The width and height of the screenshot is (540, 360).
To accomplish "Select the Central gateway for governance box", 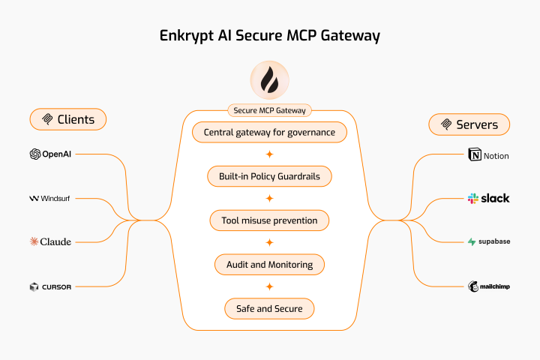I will (269, 133).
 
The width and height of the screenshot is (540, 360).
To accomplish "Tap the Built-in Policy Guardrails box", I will (269, 176).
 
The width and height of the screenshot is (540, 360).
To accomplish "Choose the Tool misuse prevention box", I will (269, 220).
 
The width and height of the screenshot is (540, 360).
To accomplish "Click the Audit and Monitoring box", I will (269, 264).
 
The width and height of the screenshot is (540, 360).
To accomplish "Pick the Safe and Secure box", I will (269, 307).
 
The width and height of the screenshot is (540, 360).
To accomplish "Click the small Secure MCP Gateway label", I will (270, 110).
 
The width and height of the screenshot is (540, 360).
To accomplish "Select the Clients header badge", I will (68, 119).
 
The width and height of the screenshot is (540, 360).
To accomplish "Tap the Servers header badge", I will (469, 124).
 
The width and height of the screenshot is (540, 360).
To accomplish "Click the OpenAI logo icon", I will (34, 154).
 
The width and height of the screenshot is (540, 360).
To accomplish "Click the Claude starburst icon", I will (34, 241).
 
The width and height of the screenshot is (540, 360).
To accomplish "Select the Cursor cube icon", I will (34, 286).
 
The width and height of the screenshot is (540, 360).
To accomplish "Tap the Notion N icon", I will (474, 156).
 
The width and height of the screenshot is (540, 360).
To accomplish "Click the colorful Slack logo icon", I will (473, 199).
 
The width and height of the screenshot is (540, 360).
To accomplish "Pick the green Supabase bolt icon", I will (472, 242).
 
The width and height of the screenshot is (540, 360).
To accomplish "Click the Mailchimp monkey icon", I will (474, 286).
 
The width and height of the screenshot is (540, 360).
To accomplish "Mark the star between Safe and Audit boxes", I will (269, 286).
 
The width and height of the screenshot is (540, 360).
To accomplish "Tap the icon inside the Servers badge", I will (447, 124).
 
